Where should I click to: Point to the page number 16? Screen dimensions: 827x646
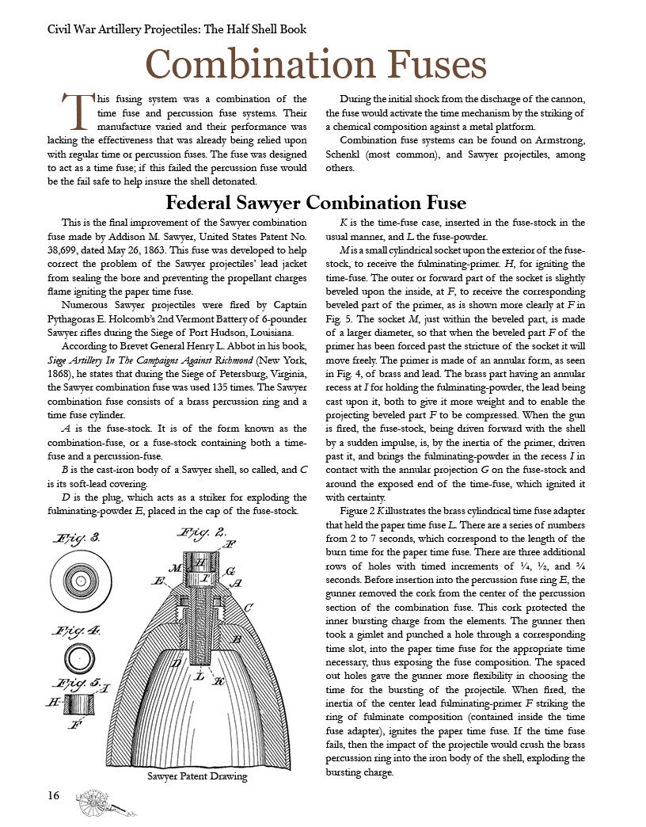[x=53, y=796]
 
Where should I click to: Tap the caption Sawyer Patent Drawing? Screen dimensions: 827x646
[x=197, y=776]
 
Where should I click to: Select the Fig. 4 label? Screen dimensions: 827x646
[x=74, y=632]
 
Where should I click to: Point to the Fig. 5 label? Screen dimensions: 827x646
[x=73, y=684]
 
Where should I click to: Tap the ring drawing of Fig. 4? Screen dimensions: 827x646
[x=78, y=658]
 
